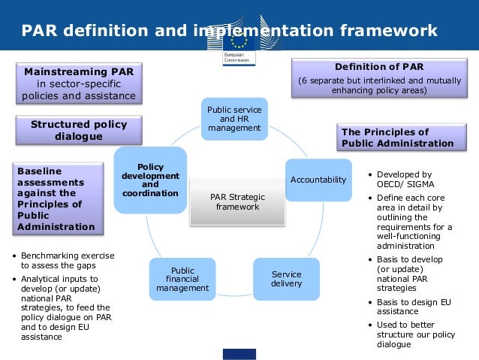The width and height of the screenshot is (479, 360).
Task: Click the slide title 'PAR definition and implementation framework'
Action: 229,30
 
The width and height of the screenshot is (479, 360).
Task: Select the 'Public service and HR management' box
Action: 234,119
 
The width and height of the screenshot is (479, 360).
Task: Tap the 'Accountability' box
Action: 318,180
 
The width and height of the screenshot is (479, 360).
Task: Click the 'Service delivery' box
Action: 286,279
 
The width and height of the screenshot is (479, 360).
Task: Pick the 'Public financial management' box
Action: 182,279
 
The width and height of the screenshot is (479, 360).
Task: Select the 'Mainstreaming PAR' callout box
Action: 79,83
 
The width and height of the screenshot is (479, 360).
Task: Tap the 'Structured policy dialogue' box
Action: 79,130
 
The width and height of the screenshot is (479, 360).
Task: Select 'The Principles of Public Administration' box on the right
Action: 397,138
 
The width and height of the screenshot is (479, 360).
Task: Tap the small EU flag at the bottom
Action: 239,353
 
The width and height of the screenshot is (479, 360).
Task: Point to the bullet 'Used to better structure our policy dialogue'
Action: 408,334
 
